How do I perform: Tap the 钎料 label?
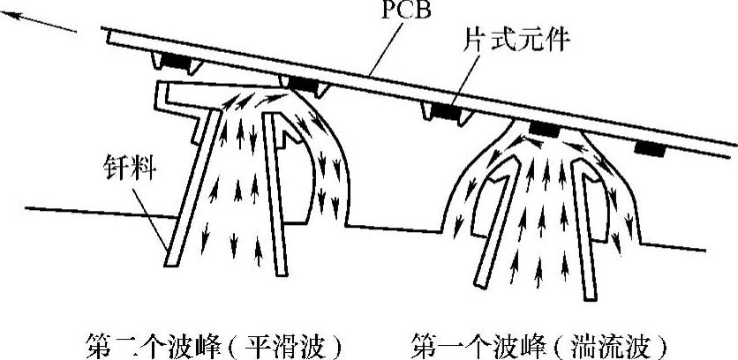(x=131, y=169)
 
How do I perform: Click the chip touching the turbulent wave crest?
(x=544, y=129)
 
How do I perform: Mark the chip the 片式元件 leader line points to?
(x=446, y=112)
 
